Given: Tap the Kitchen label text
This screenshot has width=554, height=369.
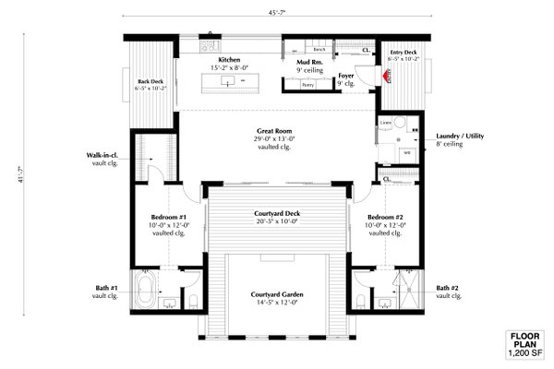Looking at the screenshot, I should point(229,59).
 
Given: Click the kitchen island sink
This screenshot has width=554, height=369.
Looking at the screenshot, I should point(225,82).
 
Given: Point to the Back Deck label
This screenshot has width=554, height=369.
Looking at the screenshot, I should point(150,82).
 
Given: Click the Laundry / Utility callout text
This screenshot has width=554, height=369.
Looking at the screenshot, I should point(466,137).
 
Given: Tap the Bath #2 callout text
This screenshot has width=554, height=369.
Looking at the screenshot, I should point(449,286).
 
